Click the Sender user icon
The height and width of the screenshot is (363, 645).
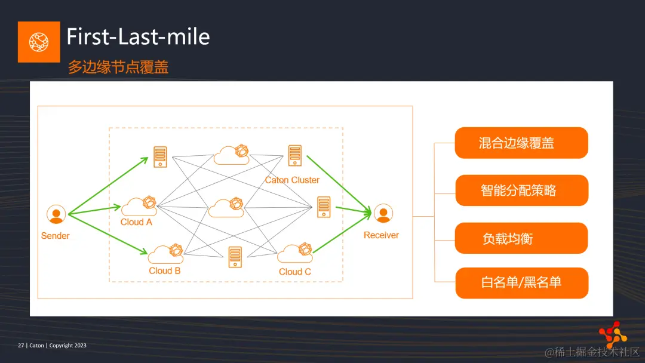point(56,214)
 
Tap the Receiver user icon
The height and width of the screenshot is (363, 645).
point(383,213)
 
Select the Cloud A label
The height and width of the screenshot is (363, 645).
point(136,222)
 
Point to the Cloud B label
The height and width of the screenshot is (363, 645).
point(165,270)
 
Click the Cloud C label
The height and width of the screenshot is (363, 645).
point(295,272)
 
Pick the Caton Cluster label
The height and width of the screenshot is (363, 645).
point(292,180)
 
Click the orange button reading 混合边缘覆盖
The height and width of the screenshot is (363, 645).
point(521,143)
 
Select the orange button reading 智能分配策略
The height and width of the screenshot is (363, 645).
point(521,190)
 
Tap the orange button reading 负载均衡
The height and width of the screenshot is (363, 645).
point(521,238)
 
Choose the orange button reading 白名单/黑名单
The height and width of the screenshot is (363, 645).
point(521,282)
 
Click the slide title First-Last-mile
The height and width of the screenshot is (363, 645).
point(138,37)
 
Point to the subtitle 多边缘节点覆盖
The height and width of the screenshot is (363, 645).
point(118,67)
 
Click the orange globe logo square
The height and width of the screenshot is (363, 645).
point(39,42)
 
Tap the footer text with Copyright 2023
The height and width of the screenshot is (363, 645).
point(53,345)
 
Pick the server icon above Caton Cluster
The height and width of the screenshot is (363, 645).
point(294,155)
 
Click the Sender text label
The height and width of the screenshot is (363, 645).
point(56,236)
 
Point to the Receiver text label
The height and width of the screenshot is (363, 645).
point(381,235)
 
